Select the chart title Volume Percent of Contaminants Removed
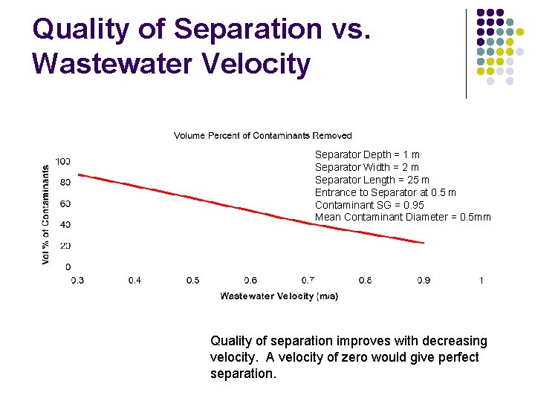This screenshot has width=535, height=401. [262, 135]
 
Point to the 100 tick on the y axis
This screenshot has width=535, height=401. [63, 162]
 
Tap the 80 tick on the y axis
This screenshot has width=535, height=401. [65, 183]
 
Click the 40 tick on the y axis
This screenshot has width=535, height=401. [65, 225]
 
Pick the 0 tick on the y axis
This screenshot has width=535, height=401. [68, 267]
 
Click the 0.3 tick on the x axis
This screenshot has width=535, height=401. [77, 281]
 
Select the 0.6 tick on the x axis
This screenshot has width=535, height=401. [250, 281]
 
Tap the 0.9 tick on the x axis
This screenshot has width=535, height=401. [423, 281]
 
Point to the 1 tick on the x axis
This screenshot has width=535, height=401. [481, 281]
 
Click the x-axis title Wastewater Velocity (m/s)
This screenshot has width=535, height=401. [279, 296]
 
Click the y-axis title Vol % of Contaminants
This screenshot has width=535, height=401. [47, 215]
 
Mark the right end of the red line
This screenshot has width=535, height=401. [424, 242]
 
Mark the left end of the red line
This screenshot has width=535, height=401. [79, 175]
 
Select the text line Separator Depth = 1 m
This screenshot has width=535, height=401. [367, 154]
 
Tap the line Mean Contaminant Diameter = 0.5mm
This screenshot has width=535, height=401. [403, 218]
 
